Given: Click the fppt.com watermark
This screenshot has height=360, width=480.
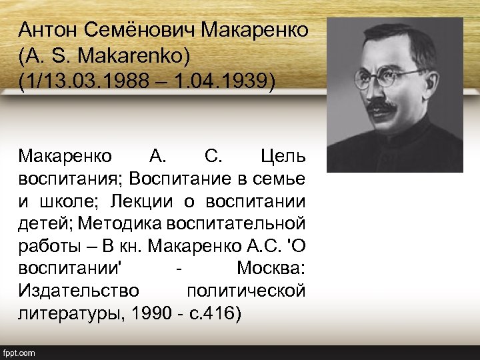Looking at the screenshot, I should point(19,353).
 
